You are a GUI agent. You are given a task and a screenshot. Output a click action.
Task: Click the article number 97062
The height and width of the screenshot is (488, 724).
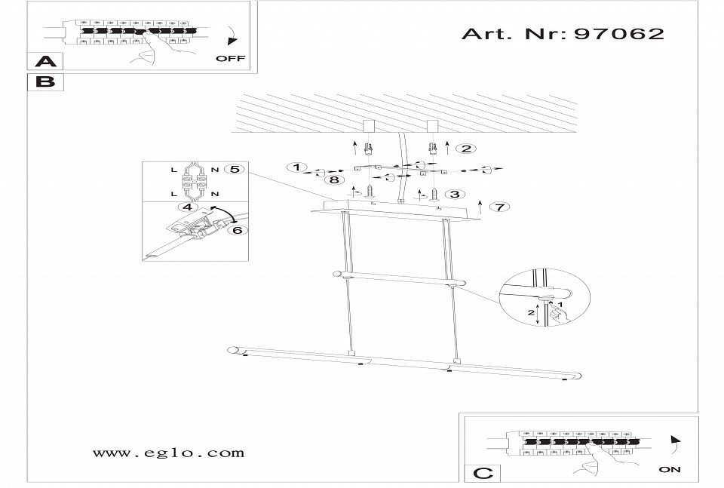[x=618, y=34]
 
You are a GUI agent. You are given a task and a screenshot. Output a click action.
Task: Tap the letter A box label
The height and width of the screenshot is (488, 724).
[x=46, y=61]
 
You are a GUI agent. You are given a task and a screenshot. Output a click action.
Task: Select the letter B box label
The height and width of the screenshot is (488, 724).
[x=45, y=81]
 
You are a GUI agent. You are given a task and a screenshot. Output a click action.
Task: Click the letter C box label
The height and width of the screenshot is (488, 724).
[x=483, y=473]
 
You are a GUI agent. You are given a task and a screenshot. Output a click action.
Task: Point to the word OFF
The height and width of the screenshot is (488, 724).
[x=231, y=59]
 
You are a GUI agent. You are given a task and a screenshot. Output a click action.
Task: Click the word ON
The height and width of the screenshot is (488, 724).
[x=670, y=470]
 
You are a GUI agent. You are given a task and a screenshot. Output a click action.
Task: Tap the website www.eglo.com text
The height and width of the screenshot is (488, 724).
[x=168, y=453]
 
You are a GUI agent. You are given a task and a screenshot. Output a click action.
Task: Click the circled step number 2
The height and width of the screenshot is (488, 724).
[x=466, y=148]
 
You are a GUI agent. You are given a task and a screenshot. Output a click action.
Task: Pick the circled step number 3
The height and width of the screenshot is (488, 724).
[x=455, y=194]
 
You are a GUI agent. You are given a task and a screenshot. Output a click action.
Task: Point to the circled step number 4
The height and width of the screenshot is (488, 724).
[x=188, y=207]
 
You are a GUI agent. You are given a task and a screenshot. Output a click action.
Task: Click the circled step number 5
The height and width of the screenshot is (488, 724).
[x=235, y=169]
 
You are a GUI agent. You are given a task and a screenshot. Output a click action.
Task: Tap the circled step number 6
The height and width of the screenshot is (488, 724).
[x=237, y=229]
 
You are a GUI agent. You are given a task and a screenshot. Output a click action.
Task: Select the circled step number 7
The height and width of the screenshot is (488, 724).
[x=499, y=207]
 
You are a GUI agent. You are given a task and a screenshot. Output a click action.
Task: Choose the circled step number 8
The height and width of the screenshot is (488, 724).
[x=334, y=180]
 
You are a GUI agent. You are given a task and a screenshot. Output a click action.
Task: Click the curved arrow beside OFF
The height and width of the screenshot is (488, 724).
[x=233, y=36]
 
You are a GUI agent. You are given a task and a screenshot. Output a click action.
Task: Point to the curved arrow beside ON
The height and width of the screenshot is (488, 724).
[x=676, y=444]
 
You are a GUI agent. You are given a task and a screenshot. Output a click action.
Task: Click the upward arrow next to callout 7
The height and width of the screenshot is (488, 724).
[x=480, y=207]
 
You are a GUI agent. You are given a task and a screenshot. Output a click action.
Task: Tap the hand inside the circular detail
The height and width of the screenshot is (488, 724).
[x=559, y=314]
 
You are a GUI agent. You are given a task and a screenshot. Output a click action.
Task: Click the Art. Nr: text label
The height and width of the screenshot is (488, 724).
[x=516, y=34]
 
